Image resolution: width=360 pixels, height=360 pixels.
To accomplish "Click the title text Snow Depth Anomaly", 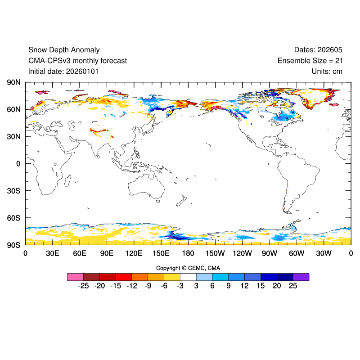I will (x=64, y=50).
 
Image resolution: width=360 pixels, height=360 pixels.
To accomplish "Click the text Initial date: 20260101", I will (x=63, y=71).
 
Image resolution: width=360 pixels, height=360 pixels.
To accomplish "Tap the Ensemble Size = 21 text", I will (x=310, y=60).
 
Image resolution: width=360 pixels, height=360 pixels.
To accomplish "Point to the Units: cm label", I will (x=327, y=71).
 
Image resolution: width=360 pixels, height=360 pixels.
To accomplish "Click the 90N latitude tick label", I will (x=13, y=82).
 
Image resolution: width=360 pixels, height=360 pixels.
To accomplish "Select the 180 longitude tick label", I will (x=188, y=253).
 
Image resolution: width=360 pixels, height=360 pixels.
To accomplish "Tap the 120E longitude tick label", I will (x=134, y=253).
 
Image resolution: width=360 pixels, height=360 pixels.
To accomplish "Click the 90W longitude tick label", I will (x=270, y=253).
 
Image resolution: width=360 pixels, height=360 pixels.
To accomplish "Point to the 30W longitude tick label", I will (x=324, y=253).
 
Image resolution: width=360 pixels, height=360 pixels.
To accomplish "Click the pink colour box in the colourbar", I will (x=75, y=277).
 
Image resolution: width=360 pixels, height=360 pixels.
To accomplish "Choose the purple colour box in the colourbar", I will (x=301, y=277).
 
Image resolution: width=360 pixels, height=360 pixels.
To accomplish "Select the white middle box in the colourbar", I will (x=188, y=277).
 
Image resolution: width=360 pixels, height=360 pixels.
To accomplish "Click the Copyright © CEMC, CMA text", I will (x=188, y=268).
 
